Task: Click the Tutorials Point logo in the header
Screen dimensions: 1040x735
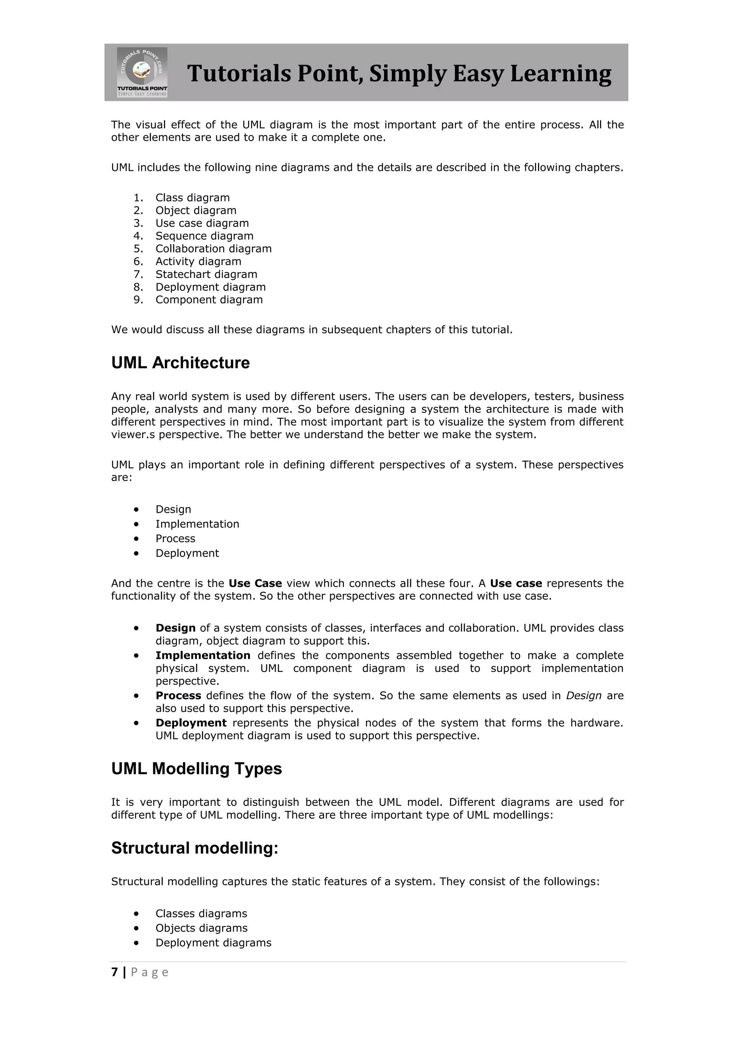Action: point(142,72)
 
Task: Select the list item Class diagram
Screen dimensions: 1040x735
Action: point(192,198)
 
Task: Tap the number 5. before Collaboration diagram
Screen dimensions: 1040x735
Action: point(138,249)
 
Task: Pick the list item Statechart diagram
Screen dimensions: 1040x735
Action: point(206,274)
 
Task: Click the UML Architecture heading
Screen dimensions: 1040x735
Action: point(180,362)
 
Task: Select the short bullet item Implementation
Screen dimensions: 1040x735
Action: point(197,524)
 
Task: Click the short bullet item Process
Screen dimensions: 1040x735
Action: point(175,539)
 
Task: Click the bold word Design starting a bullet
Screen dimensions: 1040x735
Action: point(175,628)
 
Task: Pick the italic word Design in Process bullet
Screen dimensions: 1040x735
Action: point(584,695)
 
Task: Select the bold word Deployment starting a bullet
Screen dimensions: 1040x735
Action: point(191,723)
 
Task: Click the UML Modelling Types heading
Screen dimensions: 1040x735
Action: point(196,769)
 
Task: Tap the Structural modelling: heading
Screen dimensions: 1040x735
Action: point(195,848)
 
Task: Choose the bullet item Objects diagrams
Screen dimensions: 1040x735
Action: point(201,928)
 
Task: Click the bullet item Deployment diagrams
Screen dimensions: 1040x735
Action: point(213,943)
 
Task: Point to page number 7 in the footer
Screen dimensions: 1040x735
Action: point(114,972)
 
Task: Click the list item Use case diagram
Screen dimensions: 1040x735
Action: point(202,223)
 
